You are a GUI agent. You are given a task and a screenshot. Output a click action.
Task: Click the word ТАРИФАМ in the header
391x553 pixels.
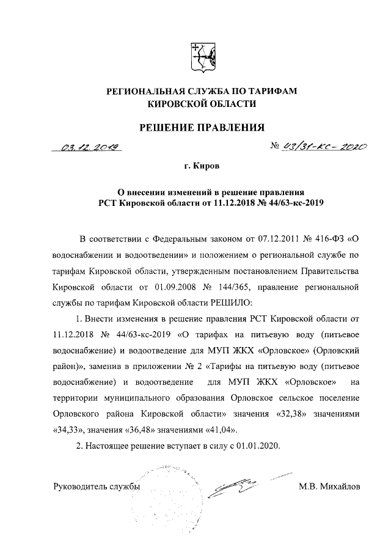point(272,91)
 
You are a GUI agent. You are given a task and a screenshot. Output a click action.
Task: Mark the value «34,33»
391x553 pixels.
point(67,428)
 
